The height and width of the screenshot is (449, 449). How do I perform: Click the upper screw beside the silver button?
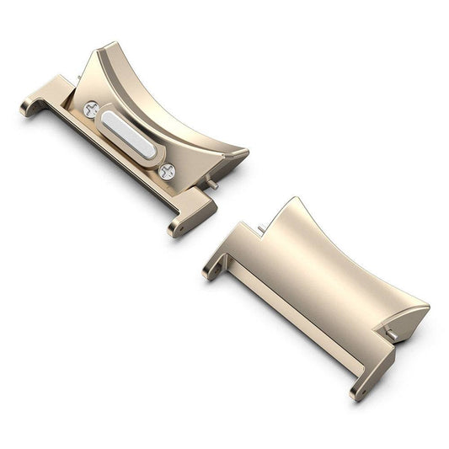(92, 109)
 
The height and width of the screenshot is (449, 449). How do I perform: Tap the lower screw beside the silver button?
(167, 171)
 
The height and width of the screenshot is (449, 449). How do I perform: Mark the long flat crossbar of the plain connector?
(286, 312)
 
